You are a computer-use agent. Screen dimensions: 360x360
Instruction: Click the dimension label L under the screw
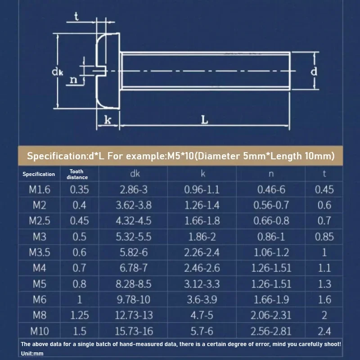204,120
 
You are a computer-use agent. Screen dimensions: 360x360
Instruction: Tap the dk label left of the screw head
57,72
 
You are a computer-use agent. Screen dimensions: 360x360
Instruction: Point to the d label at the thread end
314,71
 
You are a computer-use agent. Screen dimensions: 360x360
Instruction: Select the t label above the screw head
76,17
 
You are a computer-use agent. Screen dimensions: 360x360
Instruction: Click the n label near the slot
73,80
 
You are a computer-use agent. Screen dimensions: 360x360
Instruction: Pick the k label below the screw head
108,120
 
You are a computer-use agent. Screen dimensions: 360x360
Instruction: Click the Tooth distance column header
77,174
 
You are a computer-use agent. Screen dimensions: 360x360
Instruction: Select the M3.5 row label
40,252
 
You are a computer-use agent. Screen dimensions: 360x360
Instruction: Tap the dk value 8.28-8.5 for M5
133,284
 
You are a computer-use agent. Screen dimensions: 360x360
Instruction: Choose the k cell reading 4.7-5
202,315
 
